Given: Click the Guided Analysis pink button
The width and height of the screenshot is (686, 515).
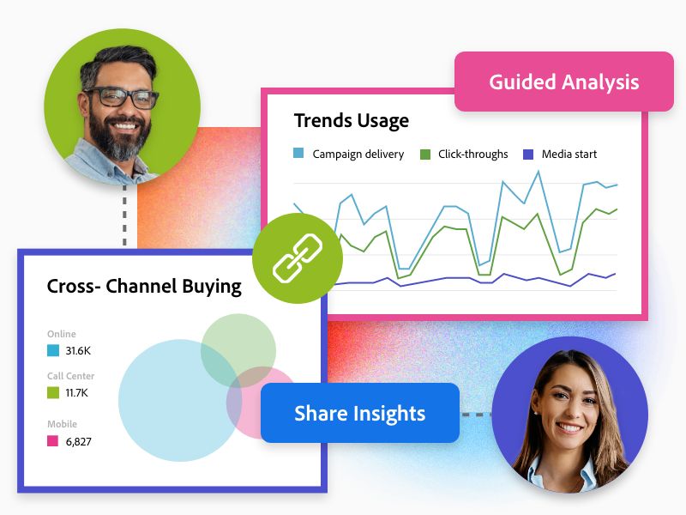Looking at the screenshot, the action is (564, 82).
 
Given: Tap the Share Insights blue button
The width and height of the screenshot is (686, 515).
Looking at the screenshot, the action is (359, 413).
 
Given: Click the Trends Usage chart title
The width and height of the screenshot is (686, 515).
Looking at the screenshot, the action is (352, 121).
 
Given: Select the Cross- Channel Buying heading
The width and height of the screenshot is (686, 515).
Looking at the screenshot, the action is (144, 287).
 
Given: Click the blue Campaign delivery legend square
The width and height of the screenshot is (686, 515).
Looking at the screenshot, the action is (298, 154).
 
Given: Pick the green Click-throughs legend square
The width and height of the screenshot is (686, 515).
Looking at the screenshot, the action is (425, 154).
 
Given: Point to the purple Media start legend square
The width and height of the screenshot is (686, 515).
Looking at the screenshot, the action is (528, 154).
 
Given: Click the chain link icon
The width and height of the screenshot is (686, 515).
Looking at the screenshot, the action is (298, 258).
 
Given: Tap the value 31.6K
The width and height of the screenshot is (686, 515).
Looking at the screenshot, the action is (78, 350).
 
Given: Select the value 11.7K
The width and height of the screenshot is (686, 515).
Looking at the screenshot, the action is (76, 393).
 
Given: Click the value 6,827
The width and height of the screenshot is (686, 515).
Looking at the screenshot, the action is (78, 441).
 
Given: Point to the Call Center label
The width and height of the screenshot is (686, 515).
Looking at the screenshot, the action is (70, 376).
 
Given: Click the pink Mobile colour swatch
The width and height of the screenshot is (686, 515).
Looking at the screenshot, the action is (52, 440).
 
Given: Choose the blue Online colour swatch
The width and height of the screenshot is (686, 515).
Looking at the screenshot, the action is (52, 350).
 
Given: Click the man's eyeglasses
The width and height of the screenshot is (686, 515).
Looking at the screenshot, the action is (119, 98).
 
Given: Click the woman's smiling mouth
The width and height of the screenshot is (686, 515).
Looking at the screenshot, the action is (569, 427).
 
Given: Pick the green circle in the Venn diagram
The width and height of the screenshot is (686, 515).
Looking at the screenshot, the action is (238, 350).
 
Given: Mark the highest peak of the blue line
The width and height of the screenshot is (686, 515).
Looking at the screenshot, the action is (539, 171).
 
